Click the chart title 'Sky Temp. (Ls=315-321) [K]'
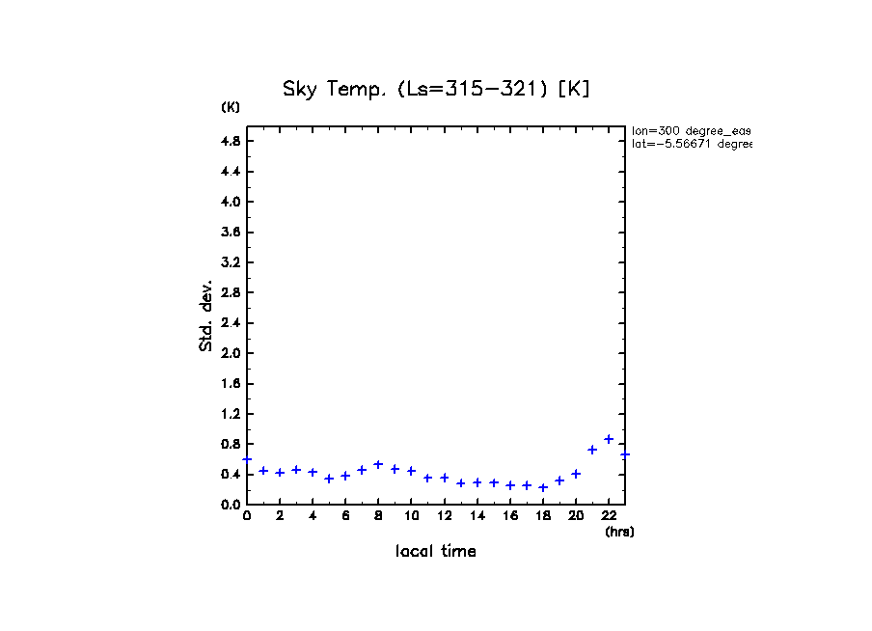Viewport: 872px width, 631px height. (x=436, y=89)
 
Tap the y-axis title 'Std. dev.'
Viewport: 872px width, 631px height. (x=206, y=316)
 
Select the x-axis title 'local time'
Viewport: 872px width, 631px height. (x=436, y=552)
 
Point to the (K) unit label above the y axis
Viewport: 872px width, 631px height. (x=231, y=107)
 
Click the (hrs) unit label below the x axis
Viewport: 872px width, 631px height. (x=619, y=532)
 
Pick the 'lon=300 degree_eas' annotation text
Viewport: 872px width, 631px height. (x=691, y=130)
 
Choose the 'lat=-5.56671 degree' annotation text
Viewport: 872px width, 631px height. (x=691, y=144)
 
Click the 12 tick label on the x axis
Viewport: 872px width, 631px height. (x=445, y=516)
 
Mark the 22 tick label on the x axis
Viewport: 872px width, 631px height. (x=609, y=516)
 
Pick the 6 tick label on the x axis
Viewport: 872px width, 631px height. (x=345, y=516)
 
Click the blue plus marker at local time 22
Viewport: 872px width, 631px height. (x=609, y=439)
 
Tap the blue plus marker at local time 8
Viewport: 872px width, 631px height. (x=378, y=464)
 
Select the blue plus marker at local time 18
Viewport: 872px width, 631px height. (x=543, y=487)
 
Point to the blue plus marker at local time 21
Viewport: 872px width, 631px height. (x=592, y=450)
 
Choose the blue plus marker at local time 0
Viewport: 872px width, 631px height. (x=248, y=459)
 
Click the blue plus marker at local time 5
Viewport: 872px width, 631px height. (x=329, y=479)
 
